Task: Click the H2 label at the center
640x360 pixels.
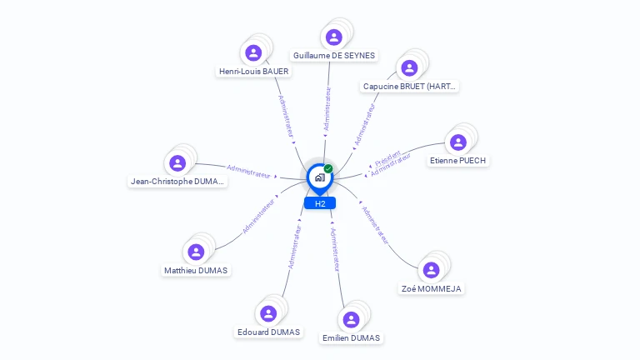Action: coord(319,203)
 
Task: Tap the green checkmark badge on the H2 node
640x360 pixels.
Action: coord(328,169)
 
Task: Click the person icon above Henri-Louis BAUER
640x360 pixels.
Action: coord(253,52)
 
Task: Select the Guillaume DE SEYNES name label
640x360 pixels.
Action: coord(334,56)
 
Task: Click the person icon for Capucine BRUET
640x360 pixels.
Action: coord(409,67)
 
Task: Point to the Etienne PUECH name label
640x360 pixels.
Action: coord(457,160)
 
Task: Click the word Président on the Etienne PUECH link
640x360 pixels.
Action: coord(387,157)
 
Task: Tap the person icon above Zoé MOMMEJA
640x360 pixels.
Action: coord(431,270)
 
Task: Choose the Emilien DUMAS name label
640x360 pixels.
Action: coord(351,338)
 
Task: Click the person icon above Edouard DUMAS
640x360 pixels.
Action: coord(268,313)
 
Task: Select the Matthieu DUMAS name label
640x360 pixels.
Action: coord(196,270)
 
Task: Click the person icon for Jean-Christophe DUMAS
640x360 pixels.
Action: coord(177,163)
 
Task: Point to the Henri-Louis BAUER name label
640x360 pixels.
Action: coord(253,72)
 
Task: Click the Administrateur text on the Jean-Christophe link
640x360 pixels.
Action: coord(248,172)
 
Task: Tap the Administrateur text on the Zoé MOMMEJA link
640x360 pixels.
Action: coord(375,224)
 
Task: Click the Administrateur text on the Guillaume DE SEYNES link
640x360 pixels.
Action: coord(327,107)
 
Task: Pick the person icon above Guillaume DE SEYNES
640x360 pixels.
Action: coord(334,37)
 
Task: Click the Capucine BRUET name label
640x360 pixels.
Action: coord(410,87)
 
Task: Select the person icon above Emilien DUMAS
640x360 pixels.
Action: coord(351,319)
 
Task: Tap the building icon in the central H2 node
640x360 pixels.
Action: coord(319,177)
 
